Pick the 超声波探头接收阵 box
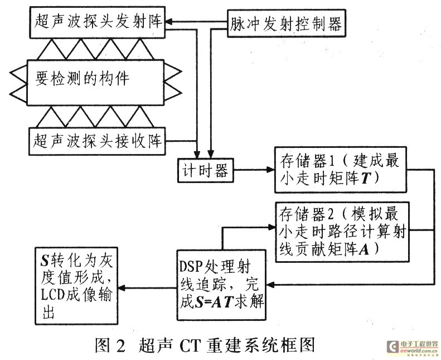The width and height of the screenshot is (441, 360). pos(97,140)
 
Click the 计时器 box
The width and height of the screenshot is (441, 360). pos(205,171)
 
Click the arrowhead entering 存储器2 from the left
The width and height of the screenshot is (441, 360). pos(271,228)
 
